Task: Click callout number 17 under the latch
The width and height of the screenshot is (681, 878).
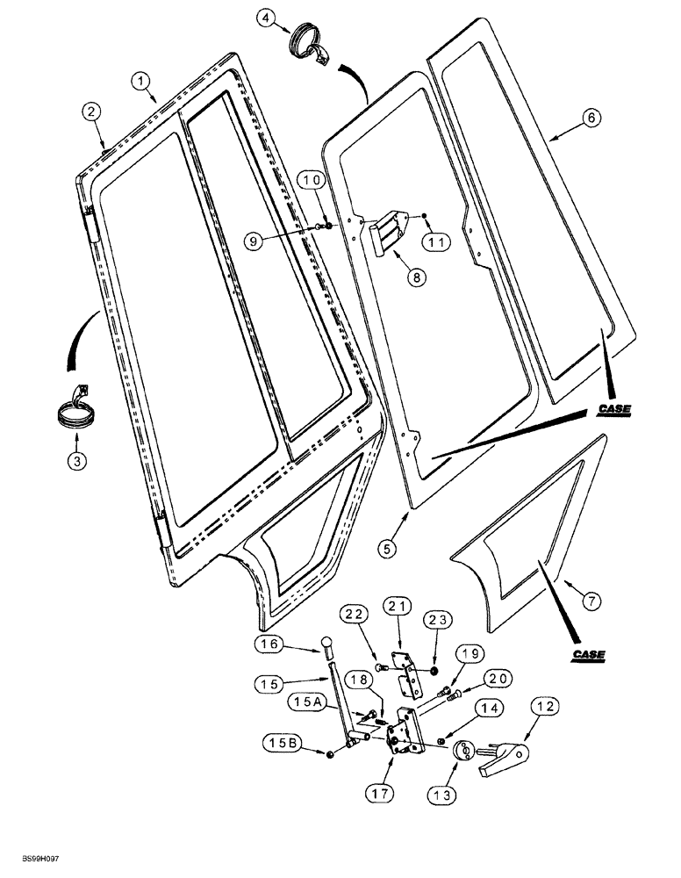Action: click(381, 792)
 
